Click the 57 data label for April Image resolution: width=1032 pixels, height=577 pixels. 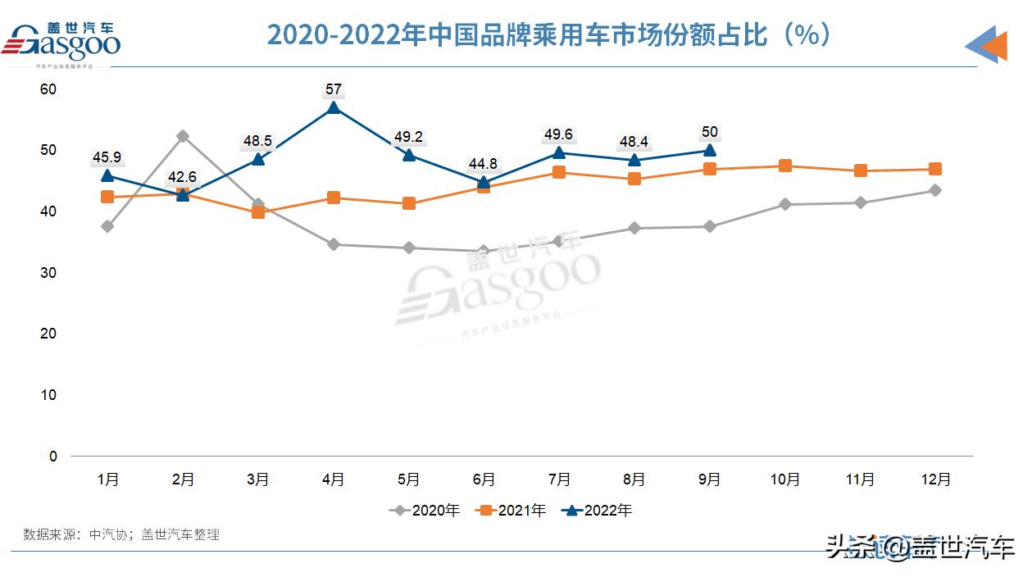tap(334, 89)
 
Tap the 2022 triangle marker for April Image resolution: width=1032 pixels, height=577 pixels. tap(334, 107)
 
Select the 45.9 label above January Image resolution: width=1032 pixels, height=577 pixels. tap(107, 157)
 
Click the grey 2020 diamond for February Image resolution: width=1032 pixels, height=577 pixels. tap(183, 136)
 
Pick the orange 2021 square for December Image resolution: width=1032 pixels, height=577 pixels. tap(935, 169)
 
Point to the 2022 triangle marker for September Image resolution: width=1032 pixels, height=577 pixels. tap(710, 150)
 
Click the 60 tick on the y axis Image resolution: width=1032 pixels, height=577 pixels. tap(48, 89)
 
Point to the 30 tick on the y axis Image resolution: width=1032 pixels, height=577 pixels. tap(48, 272)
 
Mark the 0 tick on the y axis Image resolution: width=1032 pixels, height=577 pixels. tap(53, 456)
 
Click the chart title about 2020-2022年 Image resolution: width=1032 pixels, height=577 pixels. tap(549, 35)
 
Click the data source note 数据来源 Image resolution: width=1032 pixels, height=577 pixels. tap(121, 534)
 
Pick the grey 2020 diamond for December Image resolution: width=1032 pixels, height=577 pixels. tap(935, 190)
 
